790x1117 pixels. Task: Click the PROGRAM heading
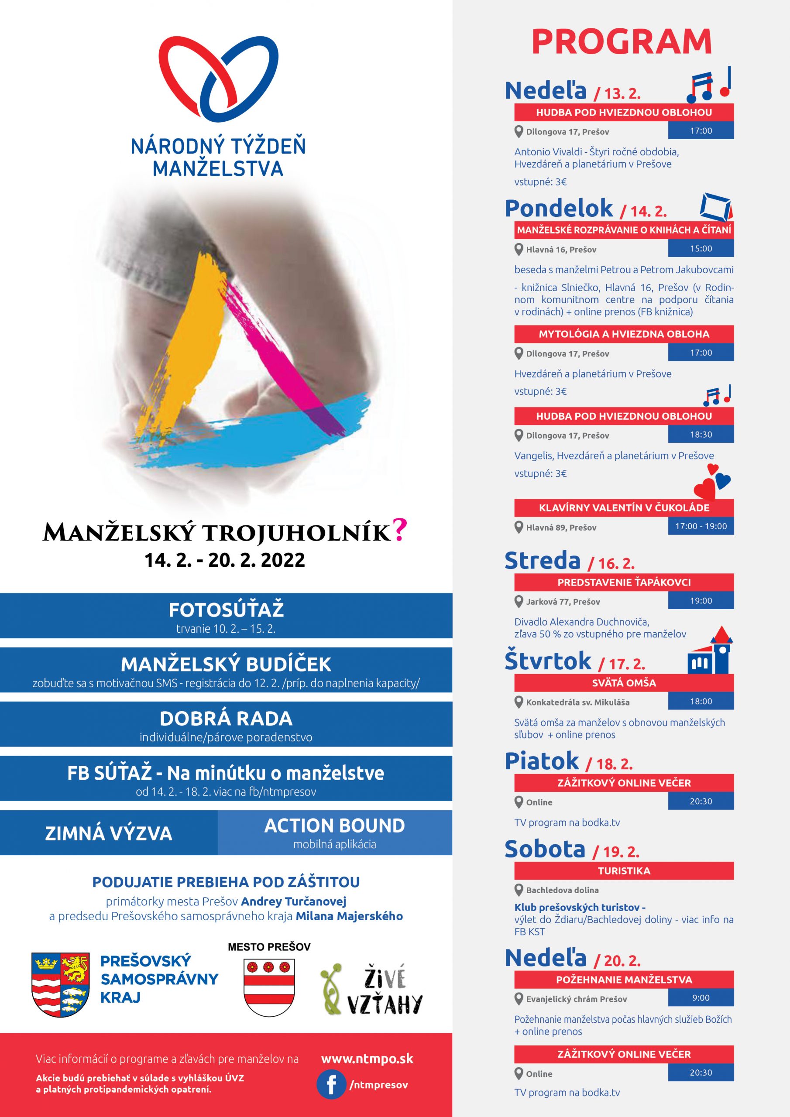pos(622,42)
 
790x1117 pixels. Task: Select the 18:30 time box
pos(701,435)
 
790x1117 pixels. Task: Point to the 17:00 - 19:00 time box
pos(701,526)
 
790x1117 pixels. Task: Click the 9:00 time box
pos(701,998)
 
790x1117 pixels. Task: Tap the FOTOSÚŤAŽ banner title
pos(226,610)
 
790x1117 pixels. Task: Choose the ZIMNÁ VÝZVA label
pos(109,833)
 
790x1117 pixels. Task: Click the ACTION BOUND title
pos(334,826)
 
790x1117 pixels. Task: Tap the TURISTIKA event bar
pos(624,871)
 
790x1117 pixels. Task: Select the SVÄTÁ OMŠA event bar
pos(624,683)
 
